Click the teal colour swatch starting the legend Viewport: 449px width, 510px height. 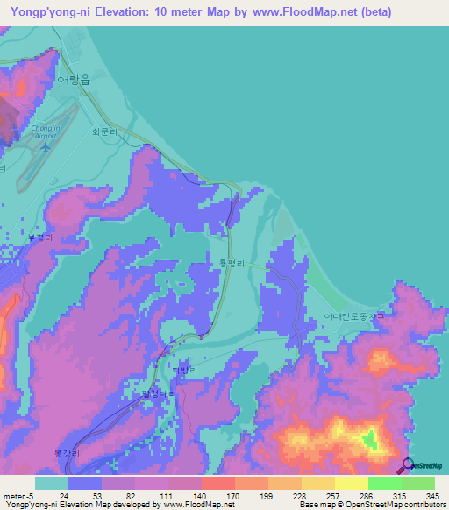coord(51,483)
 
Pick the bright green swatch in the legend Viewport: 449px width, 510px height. coord(384,483)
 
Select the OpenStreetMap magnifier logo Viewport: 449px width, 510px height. coord(408,465)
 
